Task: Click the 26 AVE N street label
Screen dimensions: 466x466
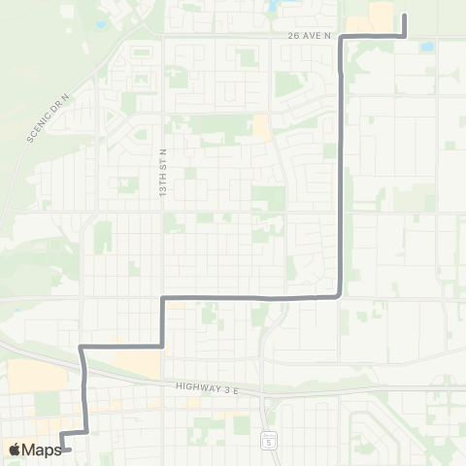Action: (310, 36)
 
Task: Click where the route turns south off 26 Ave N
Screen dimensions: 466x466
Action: (341, 37)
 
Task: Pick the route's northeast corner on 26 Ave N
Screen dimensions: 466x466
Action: (404, 36)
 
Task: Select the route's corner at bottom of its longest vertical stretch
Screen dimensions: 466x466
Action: (338, 295)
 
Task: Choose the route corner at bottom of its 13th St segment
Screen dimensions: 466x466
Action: (160, 345)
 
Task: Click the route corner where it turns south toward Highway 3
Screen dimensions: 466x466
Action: (83, 346)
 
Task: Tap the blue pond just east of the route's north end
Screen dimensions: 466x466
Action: (427, 45)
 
